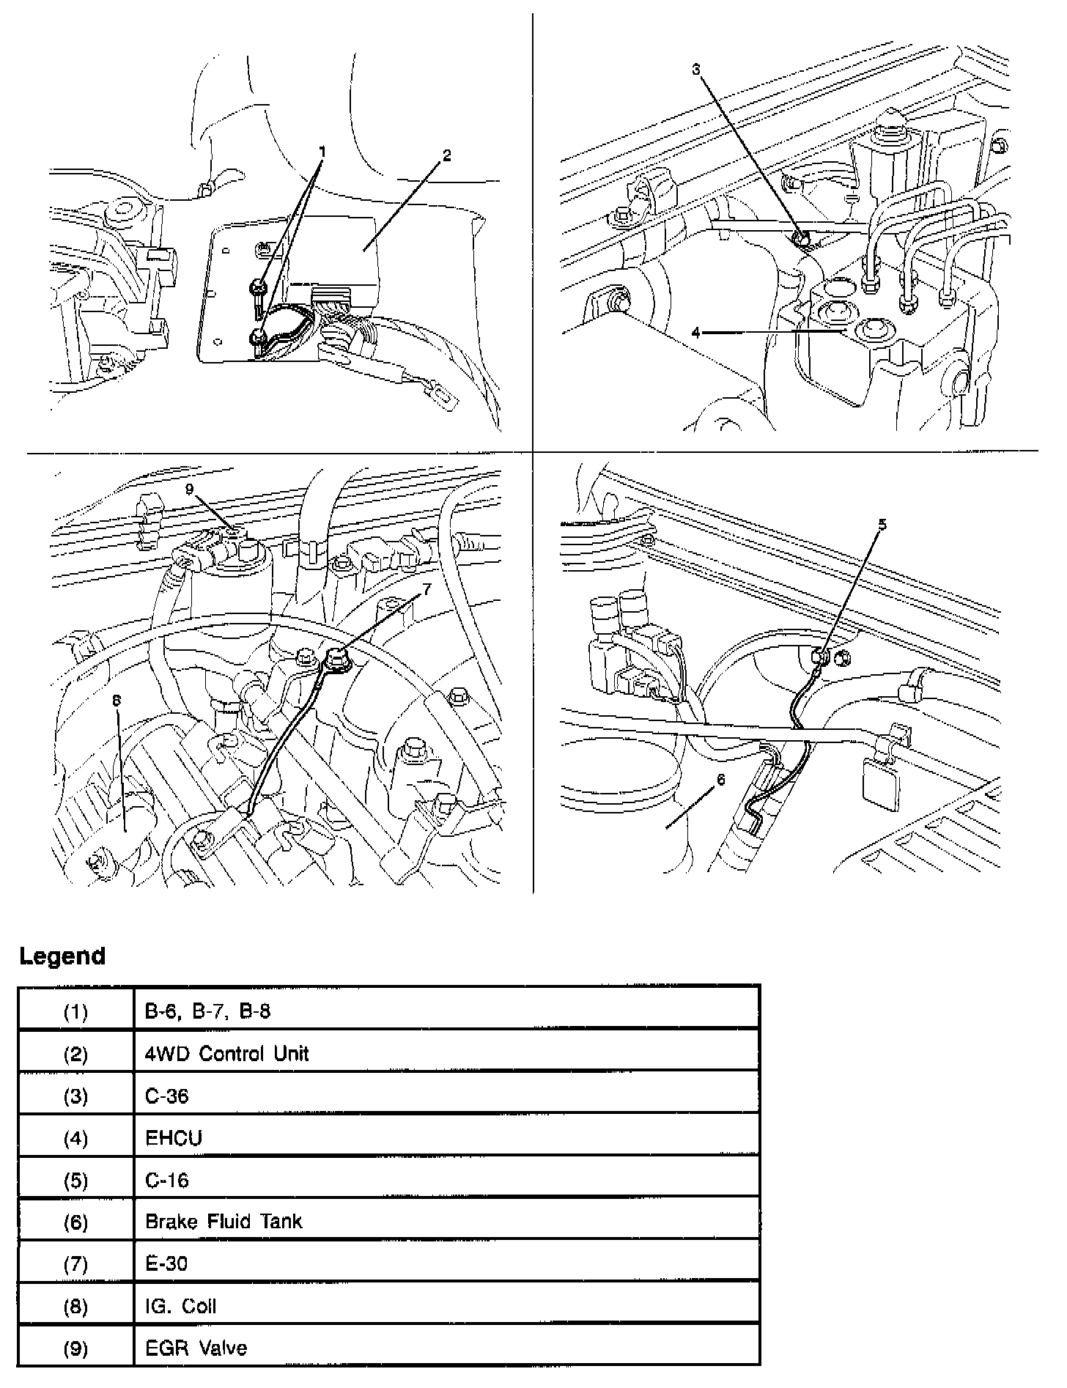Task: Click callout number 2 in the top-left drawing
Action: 447,155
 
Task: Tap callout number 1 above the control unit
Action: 321,152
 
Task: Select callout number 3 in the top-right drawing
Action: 695,69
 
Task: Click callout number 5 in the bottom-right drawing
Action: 882,524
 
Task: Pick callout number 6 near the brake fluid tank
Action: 721,780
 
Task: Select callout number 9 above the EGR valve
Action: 190,490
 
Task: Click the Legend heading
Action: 62,956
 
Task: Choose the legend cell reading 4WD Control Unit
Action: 226,1054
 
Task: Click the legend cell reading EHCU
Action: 174,1138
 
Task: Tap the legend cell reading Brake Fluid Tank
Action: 224,1222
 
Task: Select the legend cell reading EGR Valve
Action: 196,1348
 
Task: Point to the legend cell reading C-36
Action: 166,1096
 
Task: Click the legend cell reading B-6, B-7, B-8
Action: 207,1012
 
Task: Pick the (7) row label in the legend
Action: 75,1264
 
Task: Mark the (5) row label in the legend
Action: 75,1181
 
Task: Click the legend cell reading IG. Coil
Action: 180,1306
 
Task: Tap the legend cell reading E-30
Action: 166,1264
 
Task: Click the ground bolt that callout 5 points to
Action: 820,657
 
